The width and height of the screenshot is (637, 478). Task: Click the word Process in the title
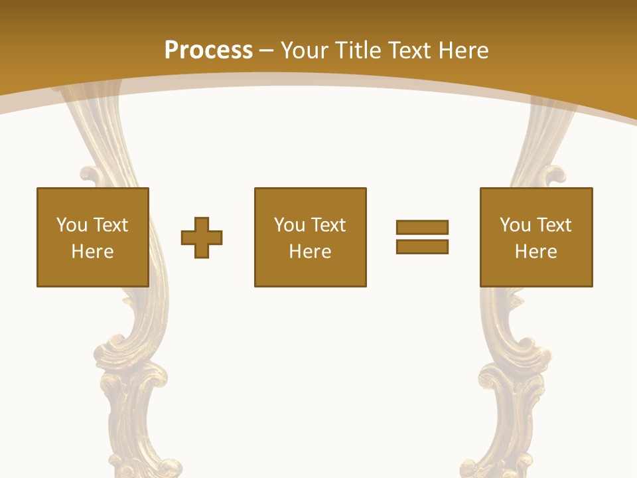(208, 50)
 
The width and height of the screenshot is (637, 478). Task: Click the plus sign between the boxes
(202, 237)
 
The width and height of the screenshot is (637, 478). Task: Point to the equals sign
(422, 237)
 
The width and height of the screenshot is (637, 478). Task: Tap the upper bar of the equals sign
(422, 227)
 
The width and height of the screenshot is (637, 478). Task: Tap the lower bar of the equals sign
(422, 246)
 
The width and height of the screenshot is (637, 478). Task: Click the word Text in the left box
(111, 225)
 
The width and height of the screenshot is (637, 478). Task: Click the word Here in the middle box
(310, 252)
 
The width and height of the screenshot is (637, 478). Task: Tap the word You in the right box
(515, 225)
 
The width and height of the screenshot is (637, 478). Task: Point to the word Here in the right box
(536, 252)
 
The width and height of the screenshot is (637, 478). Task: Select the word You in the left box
(72, 225)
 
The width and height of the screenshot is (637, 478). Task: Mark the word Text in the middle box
(328, 225)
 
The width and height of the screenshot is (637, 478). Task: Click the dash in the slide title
(266, 50)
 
